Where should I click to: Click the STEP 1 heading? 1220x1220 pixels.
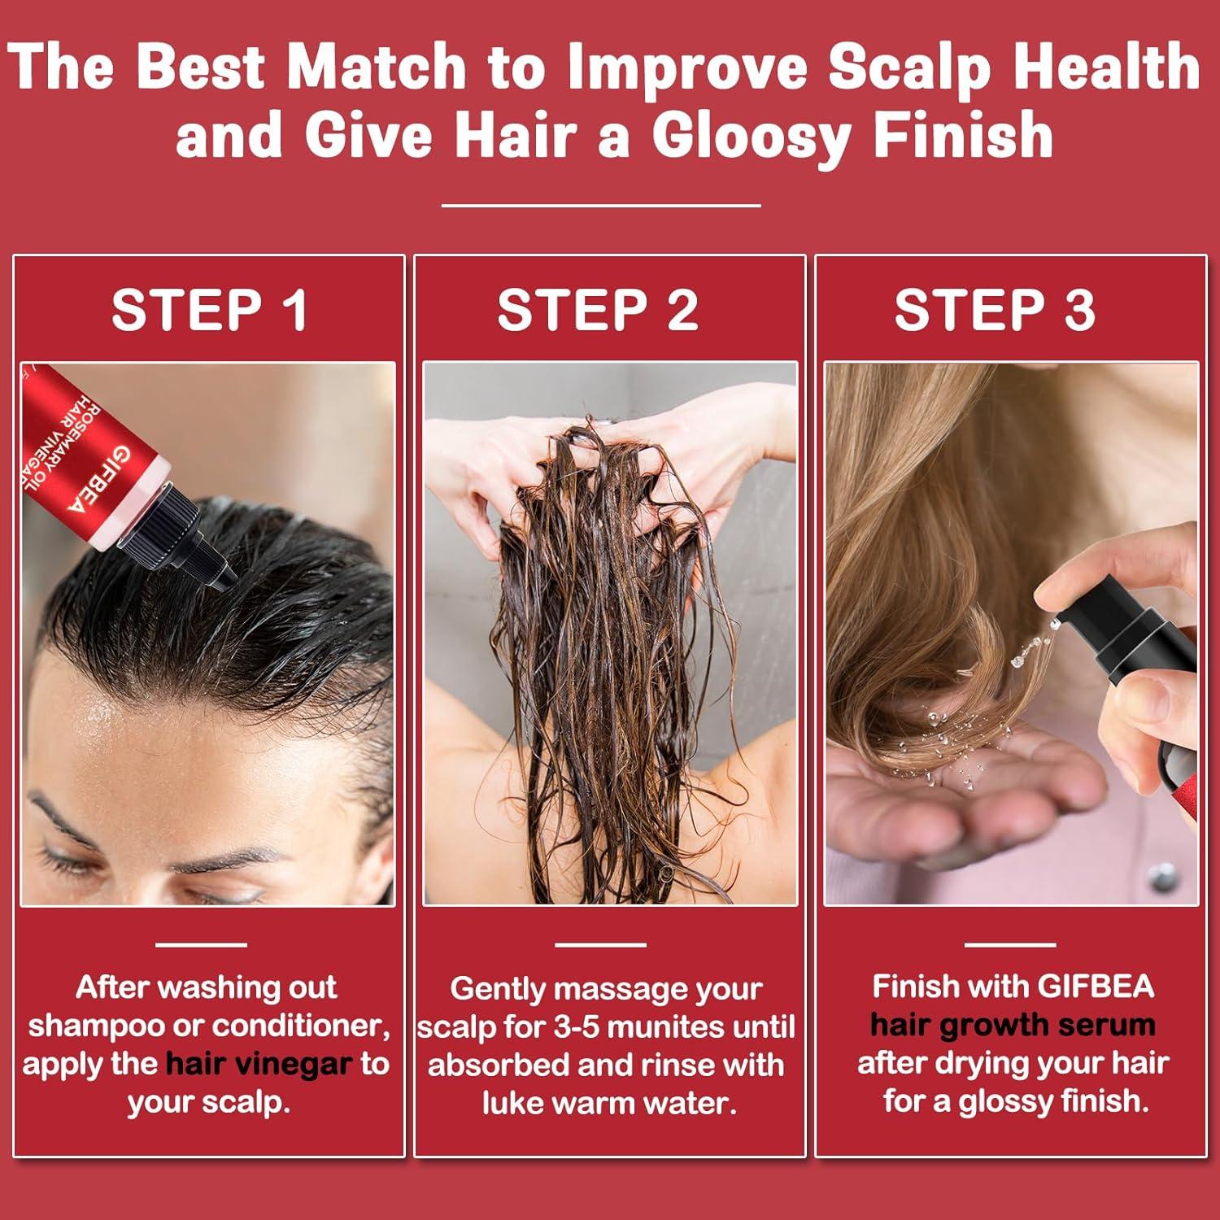209,310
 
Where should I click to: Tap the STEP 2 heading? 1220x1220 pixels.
598,310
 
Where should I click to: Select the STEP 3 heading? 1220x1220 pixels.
995,310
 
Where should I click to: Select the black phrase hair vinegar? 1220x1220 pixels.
259,1064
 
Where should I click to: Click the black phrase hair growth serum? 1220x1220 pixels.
1013,1025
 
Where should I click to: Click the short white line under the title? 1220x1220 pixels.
601,206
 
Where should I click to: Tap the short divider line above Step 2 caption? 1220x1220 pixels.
600,945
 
